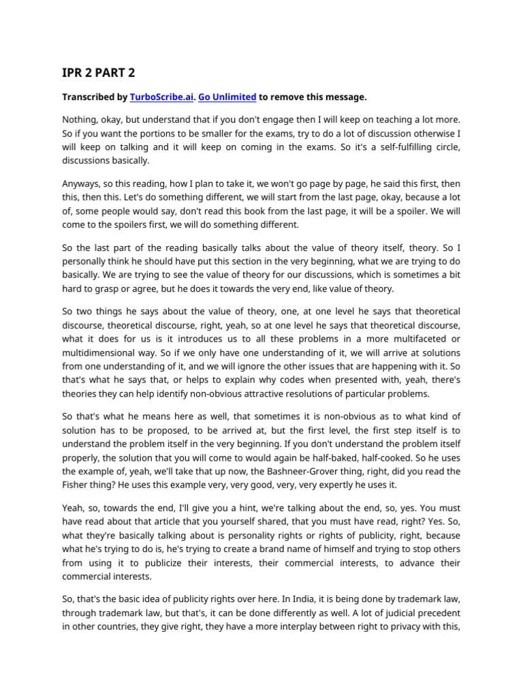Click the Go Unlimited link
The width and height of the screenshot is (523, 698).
click(227, 97)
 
